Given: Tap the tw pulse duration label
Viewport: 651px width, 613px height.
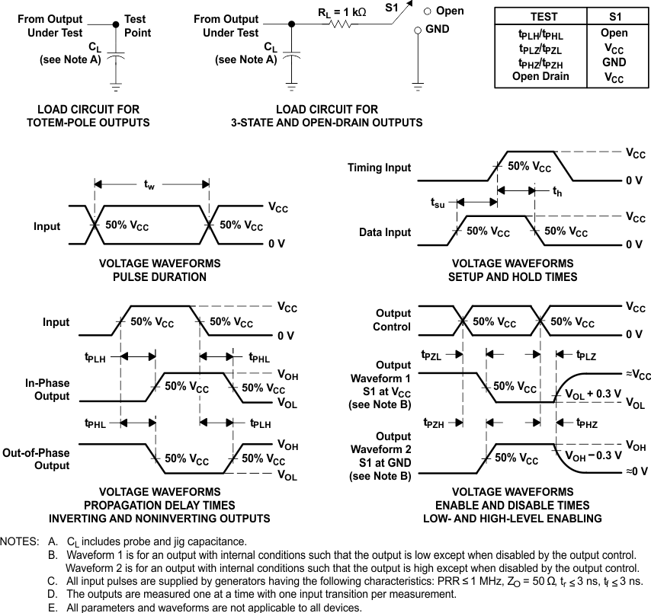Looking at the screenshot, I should (149, 186).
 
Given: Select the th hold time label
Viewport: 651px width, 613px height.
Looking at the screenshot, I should (557, 193).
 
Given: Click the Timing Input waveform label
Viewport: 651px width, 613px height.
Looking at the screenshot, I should (379, 168).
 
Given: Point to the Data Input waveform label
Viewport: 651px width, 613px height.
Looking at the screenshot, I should (385, 232).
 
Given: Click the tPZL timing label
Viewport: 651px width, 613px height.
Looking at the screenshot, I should (431, 355).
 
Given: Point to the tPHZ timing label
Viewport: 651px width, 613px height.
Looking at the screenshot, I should (587, 423).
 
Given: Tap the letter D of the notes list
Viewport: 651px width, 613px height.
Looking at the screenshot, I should (51, 593).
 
